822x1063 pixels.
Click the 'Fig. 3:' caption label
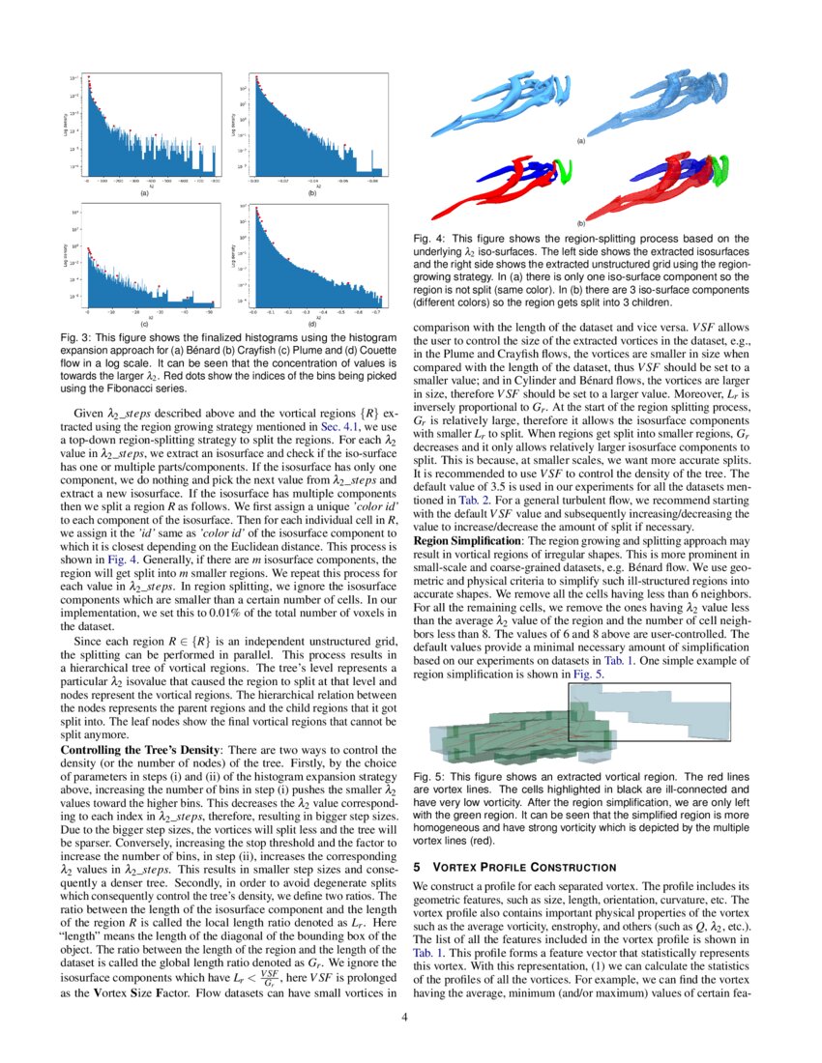[74, 336]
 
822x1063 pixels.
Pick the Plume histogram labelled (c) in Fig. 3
[144, 258]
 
